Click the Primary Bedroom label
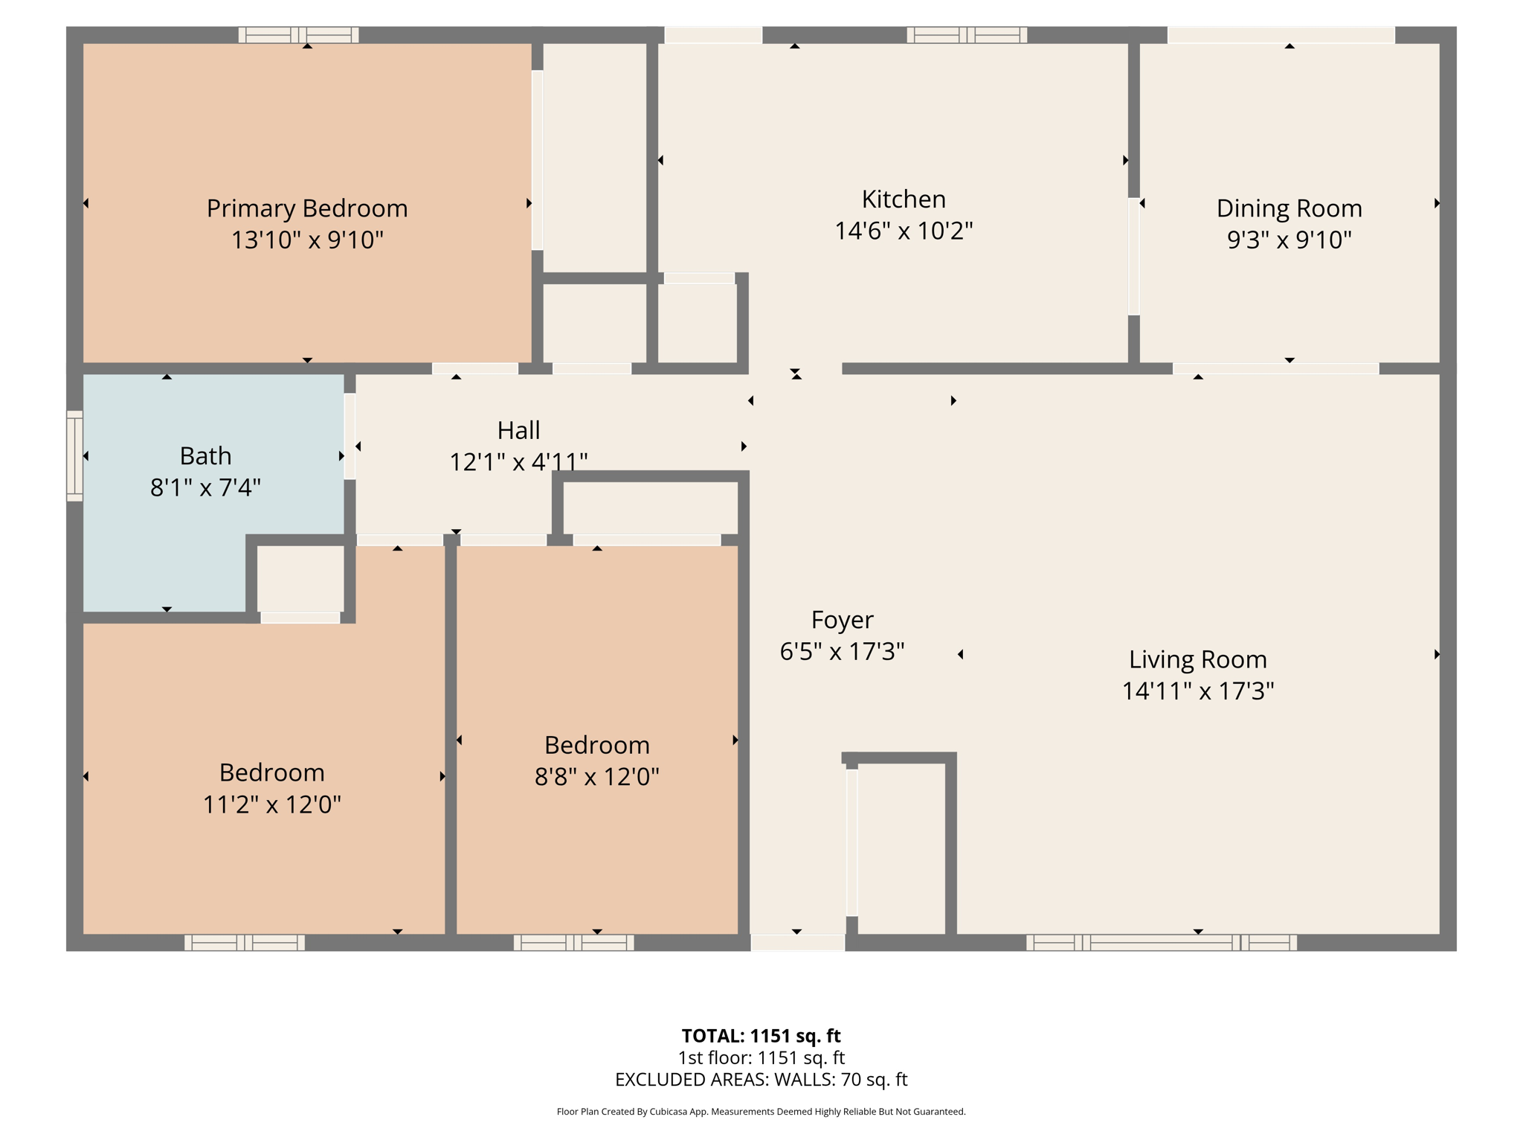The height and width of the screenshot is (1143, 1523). point(307,208)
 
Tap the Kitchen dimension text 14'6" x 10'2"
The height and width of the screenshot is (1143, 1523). point(904,231)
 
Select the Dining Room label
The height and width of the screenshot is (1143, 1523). point(1289,208)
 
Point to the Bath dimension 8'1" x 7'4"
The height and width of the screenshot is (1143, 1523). point(205,488)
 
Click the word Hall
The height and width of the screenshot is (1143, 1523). point(518,430)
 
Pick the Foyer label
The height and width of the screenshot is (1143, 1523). point(842,620)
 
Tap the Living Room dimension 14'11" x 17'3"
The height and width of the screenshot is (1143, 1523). point(1197,691)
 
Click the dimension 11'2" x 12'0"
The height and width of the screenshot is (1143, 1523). point(272,804)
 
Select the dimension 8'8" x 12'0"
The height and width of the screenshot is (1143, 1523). point(596,777)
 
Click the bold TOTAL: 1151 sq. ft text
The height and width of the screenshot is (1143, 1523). point(761,1036)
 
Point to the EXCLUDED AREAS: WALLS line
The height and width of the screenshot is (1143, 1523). point(761,1080)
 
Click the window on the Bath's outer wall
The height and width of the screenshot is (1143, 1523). point(74,455)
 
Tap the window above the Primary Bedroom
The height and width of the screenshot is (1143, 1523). point(298,35)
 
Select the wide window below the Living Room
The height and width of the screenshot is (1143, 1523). point(1161,943)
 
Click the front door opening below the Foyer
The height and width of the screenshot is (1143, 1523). point(797,943)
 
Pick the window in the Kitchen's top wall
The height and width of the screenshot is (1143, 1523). point(966,35)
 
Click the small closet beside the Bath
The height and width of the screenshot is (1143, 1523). point(300,579)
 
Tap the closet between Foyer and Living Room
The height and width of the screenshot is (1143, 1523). point(901,848)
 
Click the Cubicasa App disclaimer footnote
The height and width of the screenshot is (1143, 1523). point(761,1112)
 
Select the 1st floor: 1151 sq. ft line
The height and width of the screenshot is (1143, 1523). point(761,1058)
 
